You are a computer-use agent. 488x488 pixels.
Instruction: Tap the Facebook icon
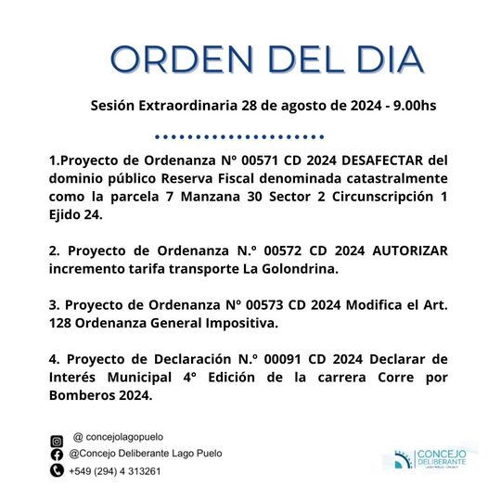tap(56, 455)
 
